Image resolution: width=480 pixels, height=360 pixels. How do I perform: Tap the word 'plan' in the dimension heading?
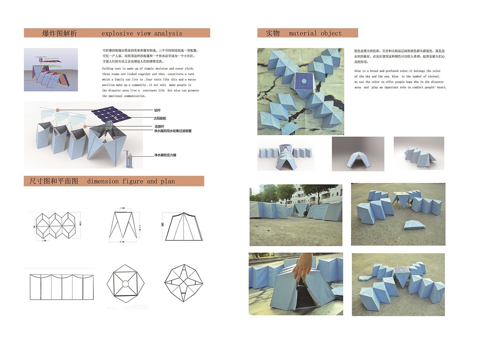click(168, 181)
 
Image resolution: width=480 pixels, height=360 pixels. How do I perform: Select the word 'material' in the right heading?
click(303, 33)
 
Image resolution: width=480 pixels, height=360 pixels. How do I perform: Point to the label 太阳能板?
click(160, 118)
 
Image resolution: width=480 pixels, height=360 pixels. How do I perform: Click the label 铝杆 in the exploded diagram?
click(157, 110)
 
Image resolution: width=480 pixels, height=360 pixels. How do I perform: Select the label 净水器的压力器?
click(165, 155)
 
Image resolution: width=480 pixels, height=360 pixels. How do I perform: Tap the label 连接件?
click(159, 126)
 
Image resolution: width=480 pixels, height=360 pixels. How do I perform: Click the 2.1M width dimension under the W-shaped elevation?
click(122, 242)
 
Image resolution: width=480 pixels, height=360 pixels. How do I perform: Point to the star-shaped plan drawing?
click(183, 283)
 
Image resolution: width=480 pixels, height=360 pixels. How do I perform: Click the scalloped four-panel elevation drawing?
click(61, 287)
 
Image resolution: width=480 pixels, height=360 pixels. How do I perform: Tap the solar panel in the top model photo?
click(303, 81)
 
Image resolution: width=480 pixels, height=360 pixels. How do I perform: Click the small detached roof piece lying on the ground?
click(414, 224)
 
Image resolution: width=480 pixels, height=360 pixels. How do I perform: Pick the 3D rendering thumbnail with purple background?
click(51, 70)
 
